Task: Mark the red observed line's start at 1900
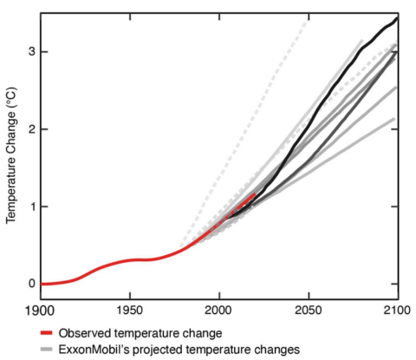42,284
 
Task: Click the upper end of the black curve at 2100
397,17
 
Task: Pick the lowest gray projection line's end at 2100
396,118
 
